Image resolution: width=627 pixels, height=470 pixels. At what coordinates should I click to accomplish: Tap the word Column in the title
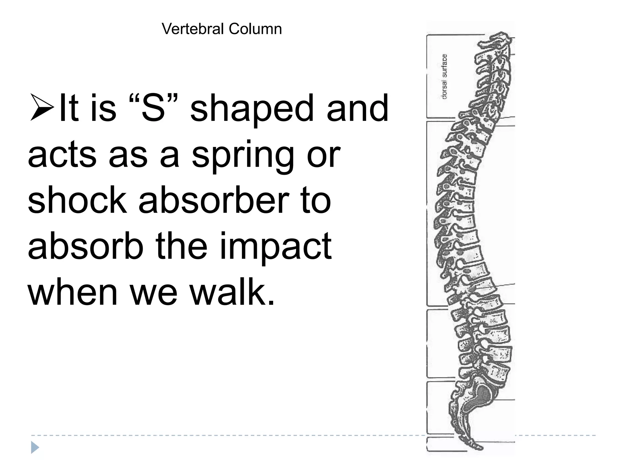[255, 29]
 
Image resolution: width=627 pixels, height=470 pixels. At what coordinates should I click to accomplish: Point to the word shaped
[252, 110]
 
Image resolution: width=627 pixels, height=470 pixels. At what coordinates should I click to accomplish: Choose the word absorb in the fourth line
[85, 246]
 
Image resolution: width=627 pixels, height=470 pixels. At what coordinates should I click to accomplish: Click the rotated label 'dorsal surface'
[444, 76]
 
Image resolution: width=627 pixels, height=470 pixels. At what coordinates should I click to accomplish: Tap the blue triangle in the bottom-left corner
[35, 448]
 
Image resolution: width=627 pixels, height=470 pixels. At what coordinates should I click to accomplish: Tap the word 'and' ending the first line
[357, 109]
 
